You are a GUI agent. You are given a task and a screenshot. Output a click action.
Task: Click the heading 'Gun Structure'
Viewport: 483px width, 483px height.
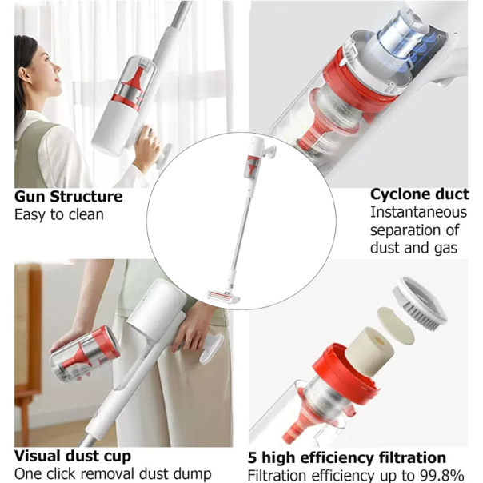(x=69, y=197)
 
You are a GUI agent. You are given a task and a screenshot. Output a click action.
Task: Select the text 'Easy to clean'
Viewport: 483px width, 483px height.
(x=59, y=214)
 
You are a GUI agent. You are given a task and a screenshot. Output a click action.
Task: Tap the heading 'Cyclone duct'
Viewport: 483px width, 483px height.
(x=419, y=194)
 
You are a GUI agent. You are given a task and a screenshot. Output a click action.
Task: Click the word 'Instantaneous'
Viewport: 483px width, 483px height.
(x=418, y=212)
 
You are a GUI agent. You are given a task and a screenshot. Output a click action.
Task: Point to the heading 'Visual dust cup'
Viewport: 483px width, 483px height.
(x=73, y=457)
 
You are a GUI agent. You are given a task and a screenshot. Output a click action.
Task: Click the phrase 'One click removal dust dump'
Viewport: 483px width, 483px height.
(x=113, y=474)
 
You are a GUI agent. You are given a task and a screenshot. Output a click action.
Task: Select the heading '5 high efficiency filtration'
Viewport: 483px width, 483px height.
(x=346, y=458)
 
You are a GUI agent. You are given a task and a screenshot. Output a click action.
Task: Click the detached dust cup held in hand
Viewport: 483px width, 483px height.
(x=84, y=353)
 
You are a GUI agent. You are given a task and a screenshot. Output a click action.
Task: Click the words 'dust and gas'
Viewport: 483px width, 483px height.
(x=413, y=248)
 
